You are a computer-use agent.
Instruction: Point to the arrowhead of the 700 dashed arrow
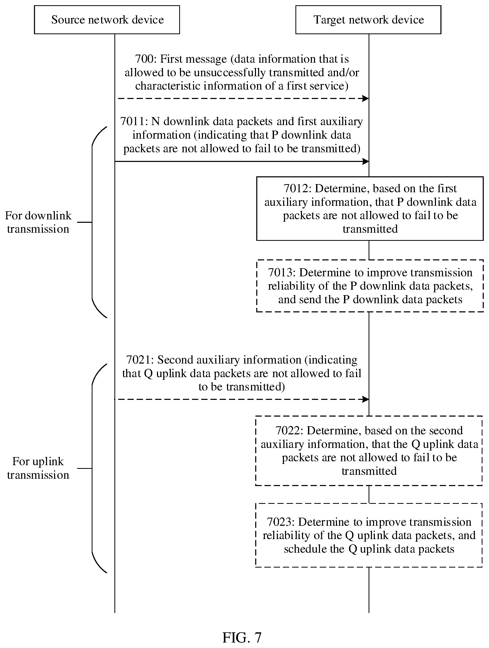[365, 98]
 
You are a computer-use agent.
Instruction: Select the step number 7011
[132, 121]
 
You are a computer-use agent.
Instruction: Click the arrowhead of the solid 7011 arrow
[365, 161]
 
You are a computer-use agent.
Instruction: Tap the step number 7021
[139, 360]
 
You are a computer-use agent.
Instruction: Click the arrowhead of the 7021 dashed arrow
[365, 399]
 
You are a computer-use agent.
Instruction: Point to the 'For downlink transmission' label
[38, 222]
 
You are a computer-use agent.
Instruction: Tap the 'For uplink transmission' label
[38, 468]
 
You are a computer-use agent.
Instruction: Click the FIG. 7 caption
[242, 638]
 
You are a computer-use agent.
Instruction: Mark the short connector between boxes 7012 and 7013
[369, 250]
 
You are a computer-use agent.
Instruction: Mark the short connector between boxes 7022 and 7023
[369, 494]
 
